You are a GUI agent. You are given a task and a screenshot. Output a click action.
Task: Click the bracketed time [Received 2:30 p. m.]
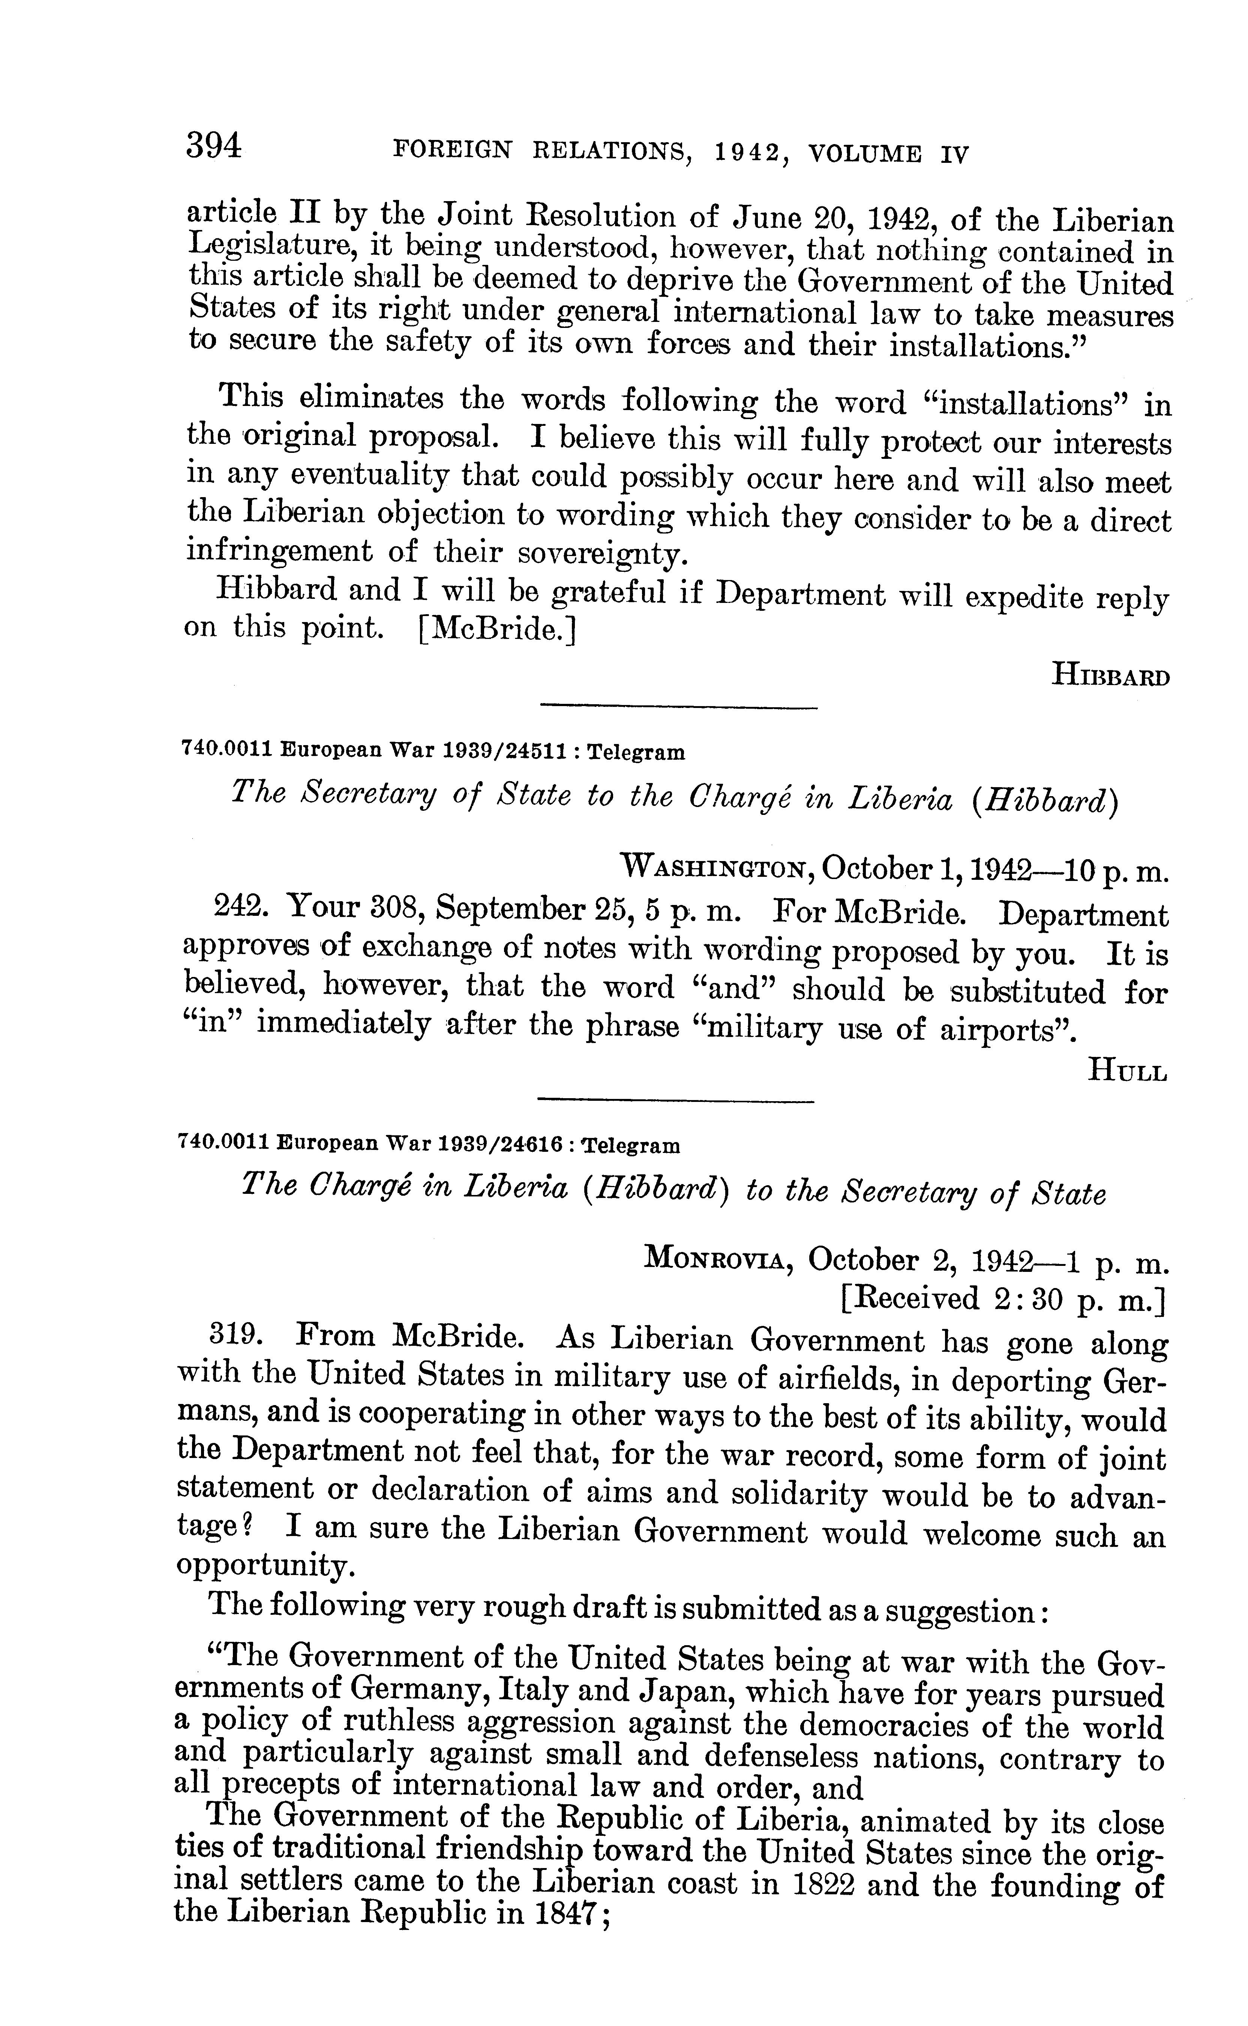(x=1002, y=1300)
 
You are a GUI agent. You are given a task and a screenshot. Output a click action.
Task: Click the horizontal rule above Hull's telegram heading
(x=677, y=707)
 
